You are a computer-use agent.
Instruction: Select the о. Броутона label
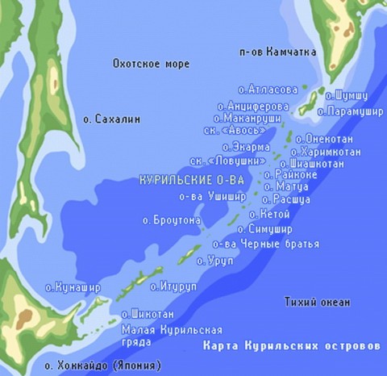pos(172,219)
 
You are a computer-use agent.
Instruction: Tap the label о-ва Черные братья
pos(265,244)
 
